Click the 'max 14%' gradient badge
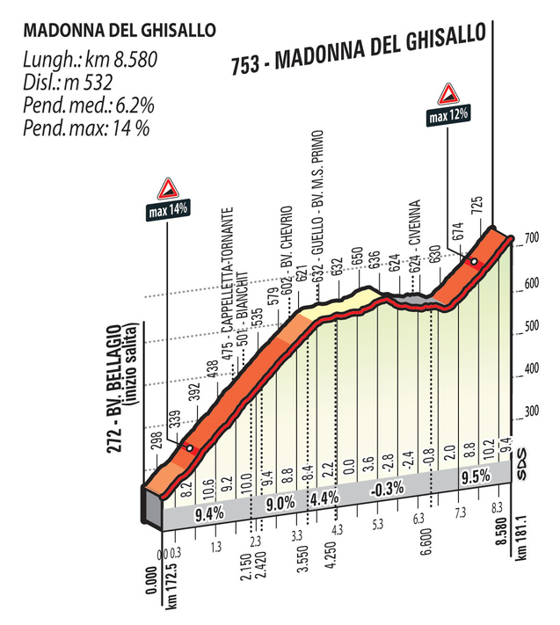166,210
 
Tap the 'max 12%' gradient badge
449,113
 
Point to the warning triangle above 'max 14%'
167,187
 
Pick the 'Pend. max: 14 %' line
86,128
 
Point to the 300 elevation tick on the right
531,411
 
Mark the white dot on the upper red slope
475,262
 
